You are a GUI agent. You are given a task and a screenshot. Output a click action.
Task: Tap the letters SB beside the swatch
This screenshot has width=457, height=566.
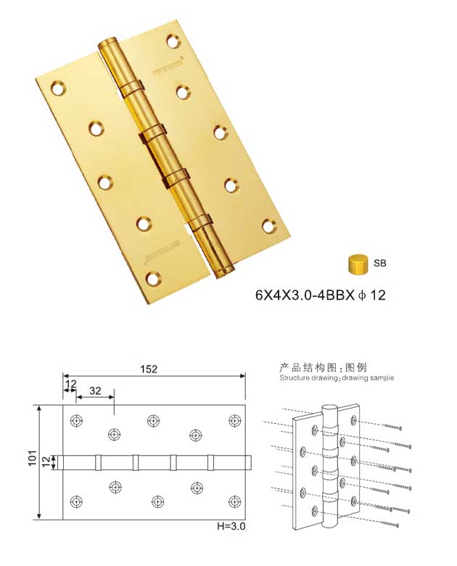click(380, 263)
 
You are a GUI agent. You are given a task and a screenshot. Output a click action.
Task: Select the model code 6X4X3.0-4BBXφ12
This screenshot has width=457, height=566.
click(319, 295)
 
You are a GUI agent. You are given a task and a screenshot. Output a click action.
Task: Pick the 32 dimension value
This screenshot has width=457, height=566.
click(94, 390)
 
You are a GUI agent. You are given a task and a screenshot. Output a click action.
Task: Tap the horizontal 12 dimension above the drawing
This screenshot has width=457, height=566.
click(70, 383)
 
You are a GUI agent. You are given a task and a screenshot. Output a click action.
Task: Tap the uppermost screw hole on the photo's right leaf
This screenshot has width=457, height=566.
click(173, 40)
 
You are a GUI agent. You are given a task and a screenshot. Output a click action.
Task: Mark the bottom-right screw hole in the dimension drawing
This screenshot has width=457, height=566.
click(234, 501)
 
